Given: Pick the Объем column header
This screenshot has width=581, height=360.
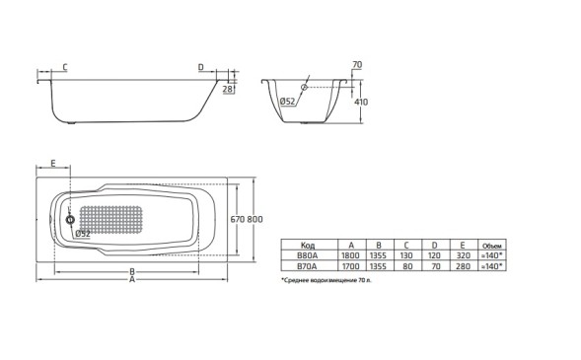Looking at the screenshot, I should click(490, 245).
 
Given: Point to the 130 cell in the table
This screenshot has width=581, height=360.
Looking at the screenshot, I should click(405, 254).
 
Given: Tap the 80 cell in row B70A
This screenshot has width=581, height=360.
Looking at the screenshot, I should click(405, 264).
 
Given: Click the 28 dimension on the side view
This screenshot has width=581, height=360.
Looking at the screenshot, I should click(228, 89).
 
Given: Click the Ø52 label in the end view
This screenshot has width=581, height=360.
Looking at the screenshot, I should click(288, 102).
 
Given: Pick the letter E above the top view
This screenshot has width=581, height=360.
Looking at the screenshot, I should click(51, 163).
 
